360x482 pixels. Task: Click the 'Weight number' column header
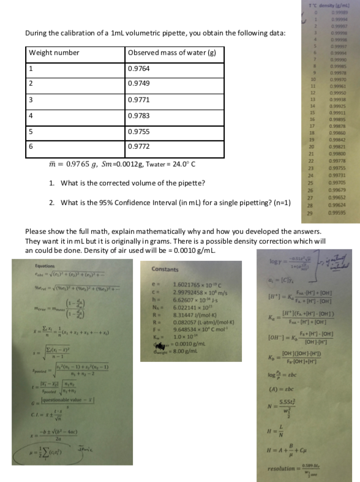coord(54,53)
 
